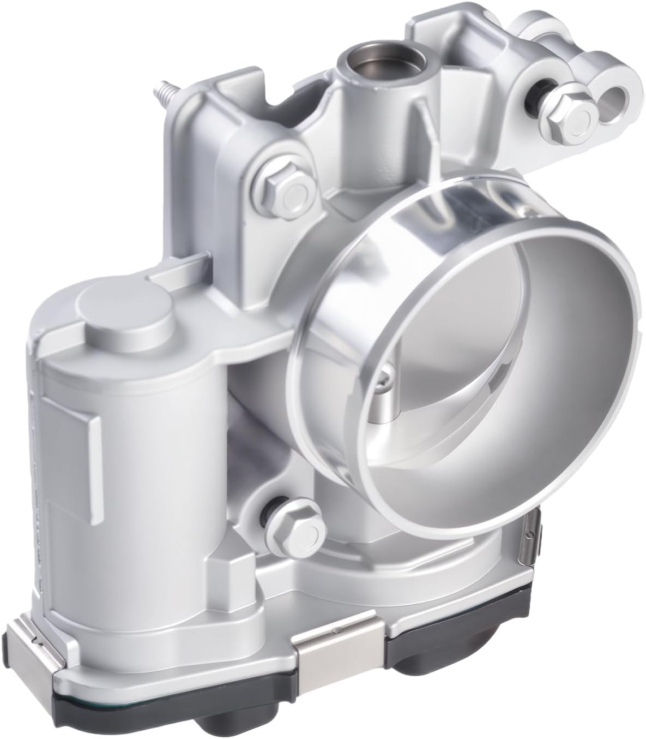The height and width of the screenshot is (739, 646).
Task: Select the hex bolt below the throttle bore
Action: click(x=298, y=529)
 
